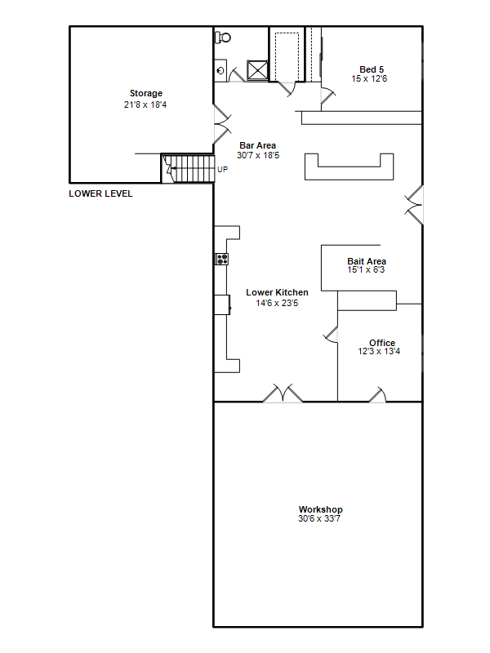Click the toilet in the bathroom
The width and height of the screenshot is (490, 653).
coord(222,38)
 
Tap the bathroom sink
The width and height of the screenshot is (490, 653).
coord(220,70)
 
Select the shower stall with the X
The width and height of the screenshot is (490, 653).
coord(257,70)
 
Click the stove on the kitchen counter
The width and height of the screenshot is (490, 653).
coord(221,259)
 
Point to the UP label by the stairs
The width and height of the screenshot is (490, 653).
coord(222,170)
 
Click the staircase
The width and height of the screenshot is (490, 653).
coord(188,168)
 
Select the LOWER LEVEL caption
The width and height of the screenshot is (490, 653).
coord(100,193)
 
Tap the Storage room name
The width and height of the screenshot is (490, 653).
coord(146,93)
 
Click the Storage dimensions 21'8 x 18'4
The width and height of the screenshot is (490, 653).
coord(145,104)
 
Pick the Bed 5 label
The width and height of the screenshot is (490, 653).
coord(372,69)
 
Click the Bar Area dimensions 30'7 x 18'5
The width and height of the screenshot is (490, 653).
coord(258,155)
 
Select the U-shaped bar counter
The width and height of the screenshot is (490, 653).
coord(350,167)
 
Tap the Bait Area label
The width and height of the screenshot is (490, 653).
coord(367,261)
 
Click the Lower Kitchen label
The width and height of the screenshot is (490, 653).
coord(277,292)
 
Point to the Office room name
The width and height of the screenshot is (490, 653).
coord(382,343)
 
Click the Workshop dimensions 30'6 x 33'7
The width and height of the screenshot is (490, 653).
coord(319,518)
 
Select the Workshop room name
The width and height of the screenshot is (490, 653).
coord(320,509)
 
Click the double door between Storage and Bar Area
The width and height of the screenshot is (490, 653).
coord(222,124)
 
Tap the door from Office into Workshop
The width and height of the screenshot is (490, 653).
coord(378,395)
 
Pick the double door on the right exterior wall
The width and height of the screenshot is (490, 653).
coord(414,206)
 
